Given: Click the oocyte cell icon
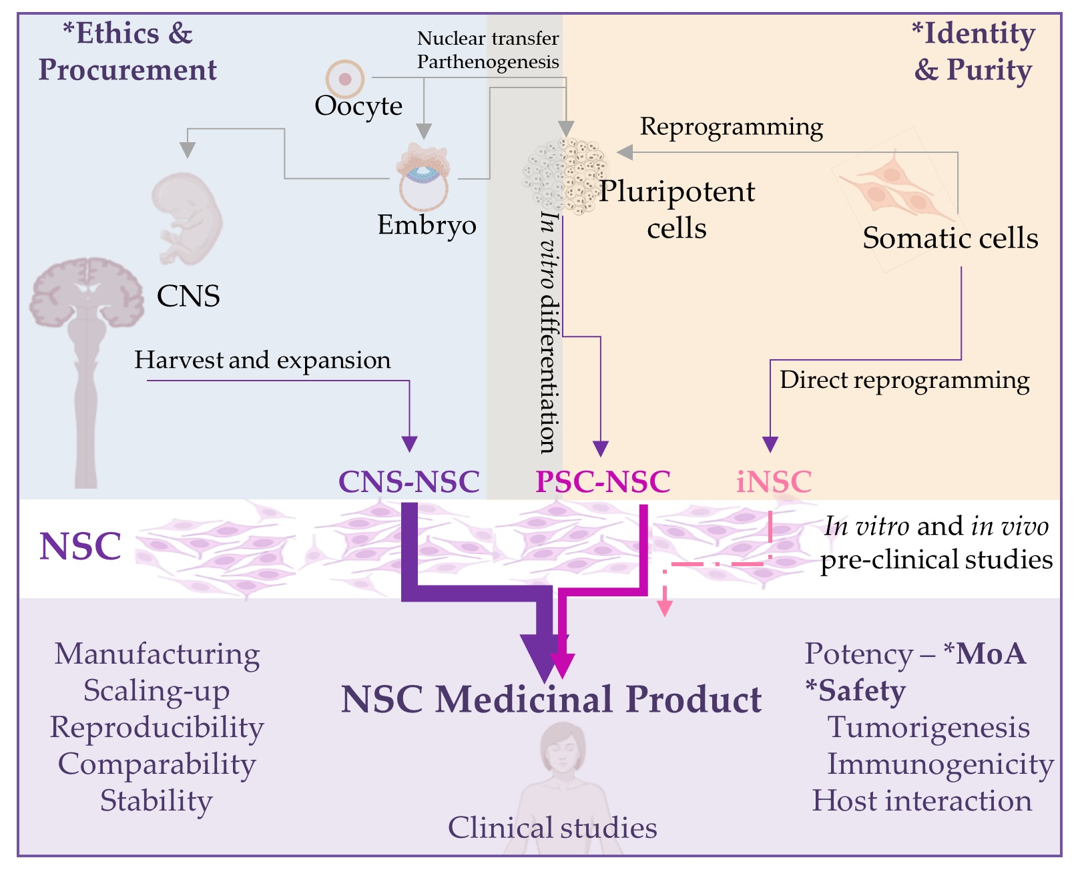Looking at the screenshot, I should click(x=344, y=79).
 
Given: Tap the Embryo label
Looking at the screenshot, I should click(x=427, y=225).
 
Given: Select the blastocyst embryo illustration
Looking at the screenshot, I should click(x=423, y=178).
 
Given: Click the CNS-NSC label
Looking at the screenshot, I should click(x=409, y=481).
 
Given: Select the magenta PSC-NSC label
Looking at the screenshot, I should click(x=603, y=481).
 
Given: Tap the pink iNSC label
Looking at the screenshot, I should click(x=774, y=481).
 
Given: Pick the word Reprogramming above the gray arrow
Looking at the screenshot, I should click(x=731, y=126).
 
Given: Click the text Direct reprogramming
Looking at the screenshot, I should click(x=904, y=380).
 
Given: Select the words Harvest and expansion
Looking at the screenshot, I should click(x=262, y=360).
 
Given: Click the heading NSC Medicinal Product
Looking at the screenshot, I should click(x=551, y=700).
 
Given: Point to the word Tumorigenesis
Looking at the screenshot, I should click(x=928, y=727).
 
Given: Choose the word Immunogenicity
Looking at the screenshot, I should click(x=940, y=764).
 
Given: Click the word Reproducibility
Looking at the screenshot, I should click(x=157, y=727).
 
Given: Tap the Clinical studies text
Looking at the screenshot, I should click(x=552, y=828).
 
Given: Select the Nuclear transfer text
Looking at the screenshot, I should click(x=487, y=38).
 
